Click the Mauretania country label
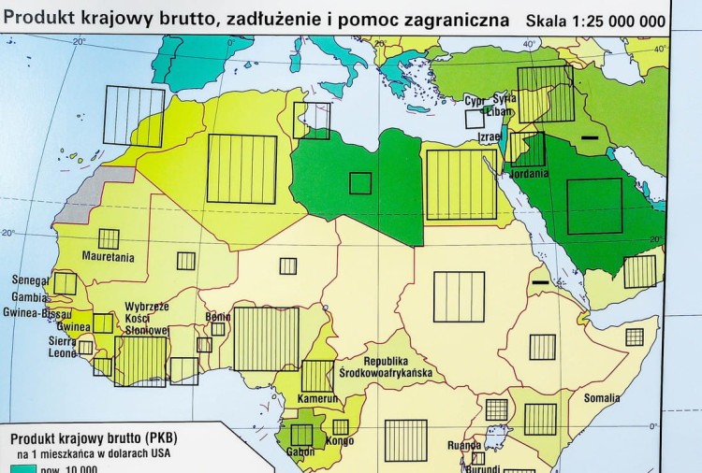coord(108,258)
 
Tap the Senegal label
coord(31,279)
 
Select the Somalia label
coord(602,398)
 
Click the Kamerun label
coord(316,399)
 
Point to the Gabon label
coord(301,451)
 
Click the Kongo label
coord(341,441)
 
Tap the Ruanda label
coord(464,446)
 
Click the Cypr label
coord(476,100)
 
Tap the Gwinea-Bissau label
coord(38,313)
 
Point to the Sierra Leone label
coord(63,348)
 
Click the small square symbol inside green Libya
coord(360,183)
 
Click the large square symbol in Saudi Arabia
coord(594,206)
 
